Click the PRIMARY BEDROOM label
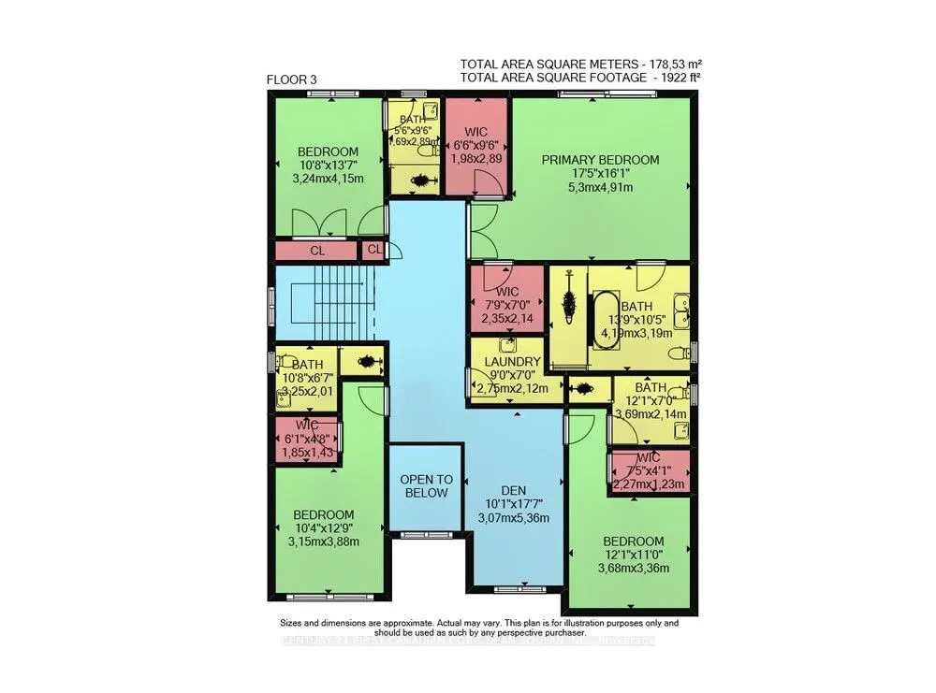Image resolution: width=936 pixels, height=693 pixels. pyautogui.click(x=600, y=159)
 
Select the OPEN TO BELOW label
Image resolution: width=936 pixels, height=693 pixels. pyautogui.click(x=426, y=486)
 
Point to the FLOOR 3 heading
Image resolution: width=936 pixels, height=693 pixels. pyautogui.click(x=291, y=79)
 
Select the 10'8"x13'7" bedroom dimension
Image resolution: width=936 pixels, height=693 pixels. pyautogui.click(x=329, y=166)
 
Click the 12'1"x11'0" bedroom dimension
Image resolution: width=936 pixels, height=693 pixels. pyautogui.click(x=634, y=555)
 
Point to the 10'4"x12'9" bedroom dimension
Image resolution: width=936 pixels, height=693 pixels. pyautogui.click(x=324, y=527)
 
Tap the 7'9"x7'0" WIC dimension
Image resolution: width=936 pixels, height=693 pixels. pyautogui.click(x=506, y=305)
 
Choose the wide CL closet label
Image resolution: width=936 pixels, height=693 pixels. pyautogui.click(x=317, y=251)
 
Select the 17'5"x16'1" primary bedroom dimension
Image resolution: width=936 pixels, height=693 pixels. pyautogui.click(x=600, y=173)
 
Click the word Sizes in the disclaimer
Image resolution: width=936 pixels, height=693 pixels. pyautogui.click(x=295, y=622)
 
